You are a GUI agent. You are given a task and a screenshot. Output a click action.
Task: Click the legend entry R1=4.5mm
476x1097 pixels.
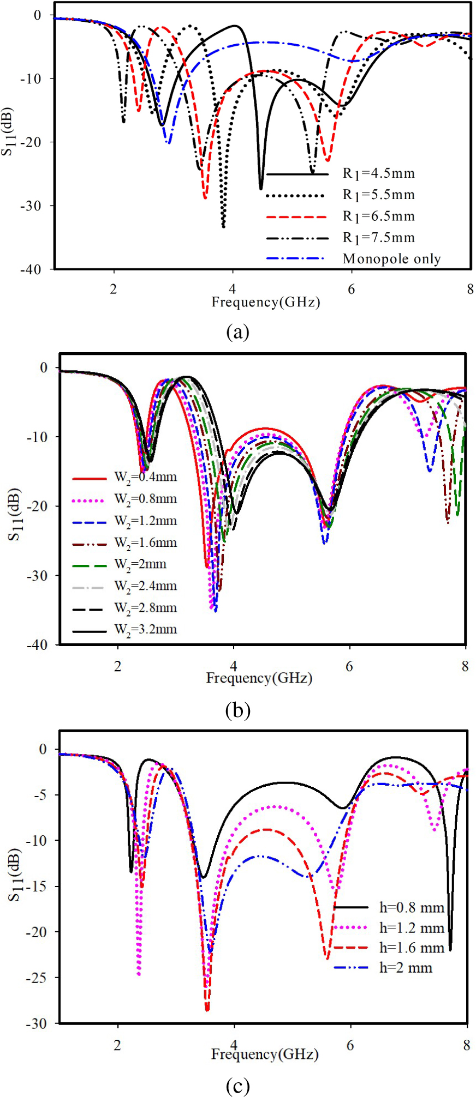pyautogui.click(x=378, y=174)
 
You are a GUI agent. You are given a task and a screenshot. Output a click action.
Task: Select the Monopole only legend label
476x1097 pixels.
pyautogui.click(x=391, y=259)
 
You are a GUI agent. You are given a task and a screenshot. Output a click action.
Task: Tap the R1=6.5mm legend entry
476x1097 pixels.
pyautogui.click(x=378, y=216)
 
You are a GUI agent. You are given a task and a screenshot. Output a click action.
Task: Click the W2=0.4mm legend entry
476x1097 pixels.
pyautogui.click(x=145, y=478)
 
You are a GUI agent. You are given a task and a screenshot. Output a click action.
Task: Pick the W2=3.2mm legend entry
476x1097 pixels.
pyautogui.click(x=145, y=630)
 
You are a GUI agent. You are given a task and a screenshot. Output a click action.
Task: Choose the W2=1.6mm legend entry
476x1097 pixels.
pyautogui.click(x=145, y=543)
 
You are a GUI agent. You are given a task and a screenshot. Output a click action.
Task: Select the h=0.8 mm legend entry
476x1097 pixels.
pyautogui.click(x=412, y=908)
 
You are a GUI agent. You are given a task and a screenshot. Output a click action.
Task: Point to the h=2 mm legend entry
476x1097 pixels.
pyautogui.click(x=406, y=968)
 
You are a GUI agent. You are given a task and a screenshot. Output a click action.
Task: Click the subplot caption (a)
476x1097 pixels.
pyautogui.click(x=237, y=331)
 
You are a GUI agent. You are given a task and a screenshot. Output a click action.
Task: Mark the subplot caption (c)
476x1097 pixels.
pyautogui.click(x=237, y=1086)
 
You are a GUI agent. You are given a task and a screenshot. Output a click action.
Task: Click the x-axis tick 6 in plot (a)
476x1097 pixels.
pyautogui.click(x=351, y=289)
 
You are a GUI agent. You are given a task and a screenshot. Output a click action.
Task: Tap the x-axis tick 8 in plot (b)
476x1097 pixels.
pyautogui.click(x=465, y=666)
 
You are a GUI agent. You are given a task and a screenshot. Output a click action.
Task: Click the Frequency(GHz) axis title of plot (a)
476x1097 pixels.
pyautogui.click(x=265, y=302)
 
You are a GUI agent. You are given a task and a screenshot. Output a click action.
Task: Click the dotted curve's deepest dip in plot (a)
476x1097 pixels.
pyautogui.click(x=223, y=226)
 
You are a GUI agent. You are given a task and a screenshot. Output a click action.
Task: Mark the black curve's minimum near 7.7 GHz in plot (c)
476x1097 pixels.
pyautogui.click(x=450, y=950)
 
